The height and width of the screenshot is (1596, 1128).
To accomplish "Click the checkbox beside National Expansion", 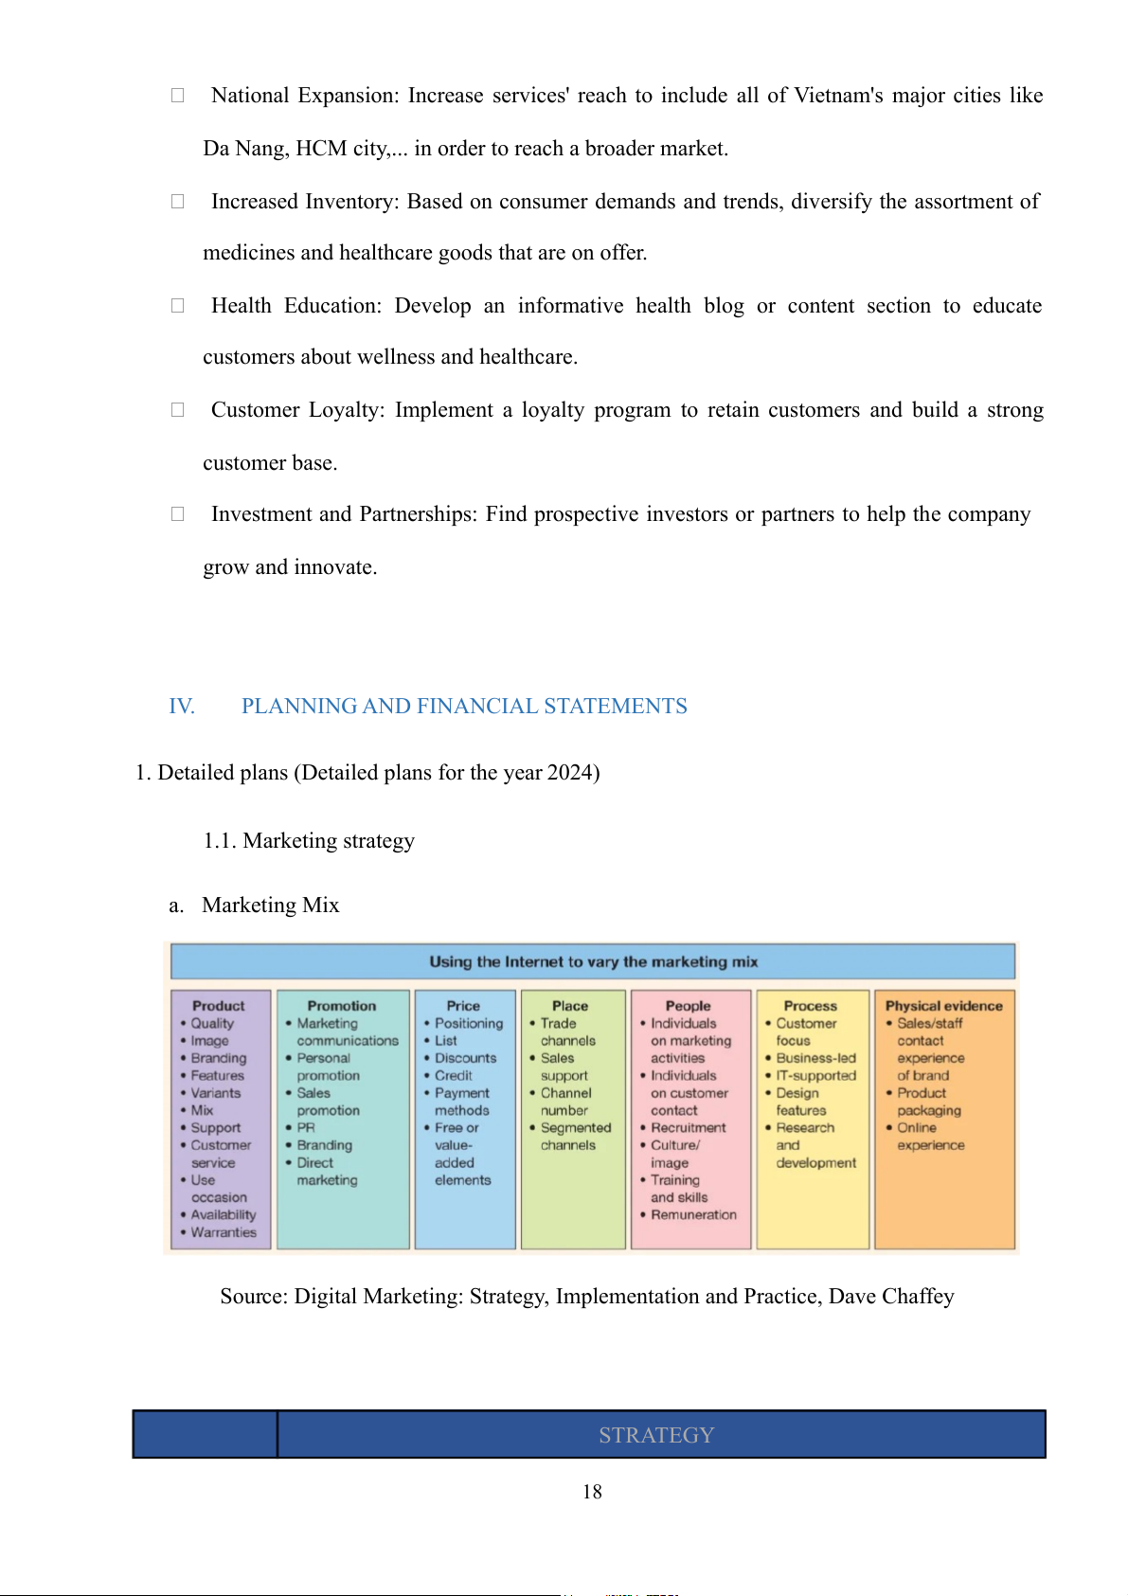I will [x=177, y=95].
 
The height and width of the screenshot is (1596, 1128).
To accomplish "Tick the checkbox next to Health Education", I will [x=177, y=305].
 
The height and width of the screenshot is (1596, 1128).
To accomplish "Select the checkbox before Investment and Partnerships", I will [x=177, y=513].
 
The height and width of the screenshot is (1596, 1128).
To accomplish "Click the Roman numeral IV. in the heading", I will [x=182, y=706].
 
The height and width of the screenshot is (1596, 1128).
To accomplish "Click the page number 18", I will [x=592, y=1491].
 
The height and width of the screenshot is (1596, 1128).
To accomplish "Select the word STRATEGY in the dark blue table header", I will [x=655, y=1435].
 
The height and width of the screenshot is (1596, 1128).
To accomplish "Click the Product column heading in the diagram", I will [x=218, y=1005].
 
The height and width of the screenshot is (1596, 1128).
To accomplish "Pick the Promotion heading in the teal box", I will [x=341, y=1005].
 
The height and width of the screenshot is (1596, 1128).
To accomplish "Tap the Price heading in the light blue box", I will [x=463, y=1005].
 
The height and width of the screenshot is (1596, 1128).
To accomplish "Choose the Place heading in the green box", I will [x=570, y=1005].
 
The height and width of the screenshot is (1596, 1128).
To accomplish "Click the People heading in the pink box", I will [x=688, y=1005].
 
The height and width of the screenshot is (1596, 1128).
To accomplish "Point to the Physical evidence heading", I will [x=943, y=1005].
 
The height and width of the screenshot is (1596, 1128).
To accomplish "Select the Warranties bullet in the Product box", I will [x=224, y=1232].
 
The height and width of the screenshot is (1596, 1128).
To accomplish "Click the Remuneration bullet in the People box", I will [x=693, y=1214].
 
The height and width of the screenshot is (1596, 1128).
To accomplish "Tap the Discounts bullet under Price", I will [x=465, y=1058].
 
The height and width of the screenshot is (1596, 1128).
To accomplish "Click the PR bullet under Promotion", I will [x=306, y=1127].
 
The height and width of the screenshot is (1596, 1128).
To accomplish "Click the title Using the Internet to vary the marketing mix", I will [x=593, y=961].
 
